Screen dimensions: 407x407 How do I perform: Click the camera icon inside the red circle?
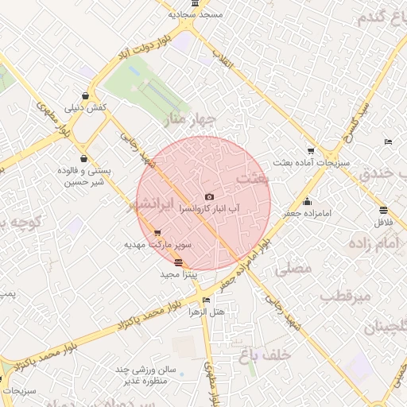click(x=209, y=196)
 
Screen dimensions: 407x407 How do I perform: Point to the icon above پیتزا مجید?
click(x=177, y=263)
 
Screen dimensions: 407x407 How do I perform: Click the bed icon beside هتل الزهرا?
click(x=207, y=300)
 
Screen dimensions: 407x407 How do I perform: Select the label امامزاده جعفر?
click(x=332, y=214)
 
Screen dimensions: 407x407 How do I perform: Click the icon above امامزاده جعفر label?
click(x=307, y=201)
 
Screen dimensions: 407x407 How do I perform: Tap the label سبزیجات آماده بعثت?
click(x=310, y=162)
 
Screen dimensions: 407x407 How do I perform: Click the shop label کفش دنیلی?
click(x=85, y=107)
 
